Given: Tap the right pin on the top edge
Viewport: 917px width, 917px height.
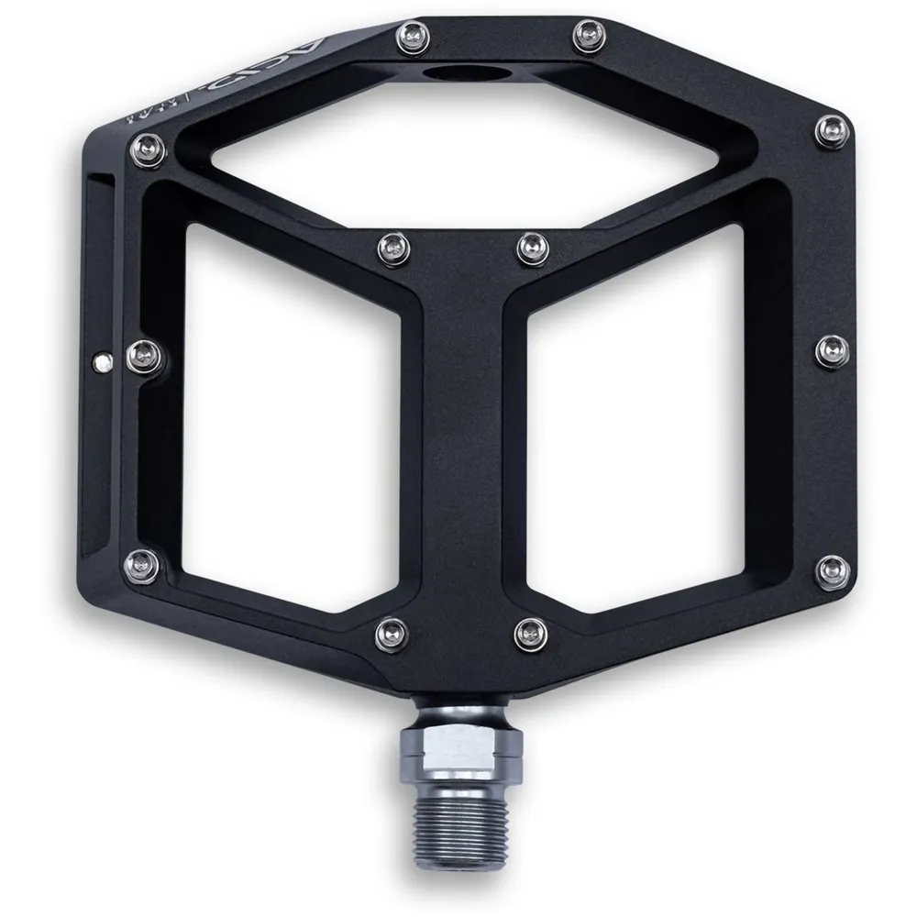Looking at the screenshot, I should tap(582, 37).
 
